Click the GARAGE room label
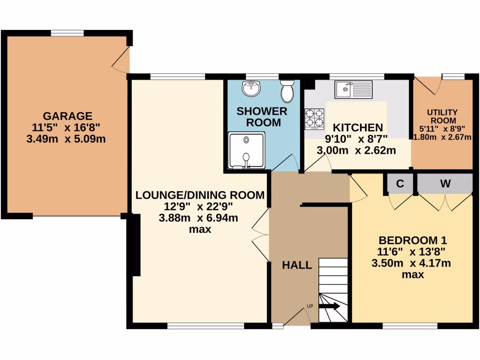[67, 116]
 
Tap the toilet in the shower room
[287, 91]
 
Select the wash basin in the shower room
[252, 88]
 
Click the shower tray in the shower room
[247, 150]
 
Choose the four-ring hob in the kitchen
[315, 119]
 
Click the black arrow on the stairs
[330, 306]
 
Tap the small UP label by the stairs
[309, 307]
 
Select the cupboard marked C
[400, 184]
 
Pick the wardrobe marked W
[445, 184]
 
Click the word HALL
[297, 265]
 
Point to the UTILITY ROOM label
[442, 117]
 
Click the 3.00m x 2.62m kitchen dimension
[356, 150]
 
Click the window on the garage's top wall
[67, 33]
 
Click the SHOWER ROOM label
[262, 117]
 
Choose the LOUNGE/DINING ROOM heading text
[200, 195]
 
